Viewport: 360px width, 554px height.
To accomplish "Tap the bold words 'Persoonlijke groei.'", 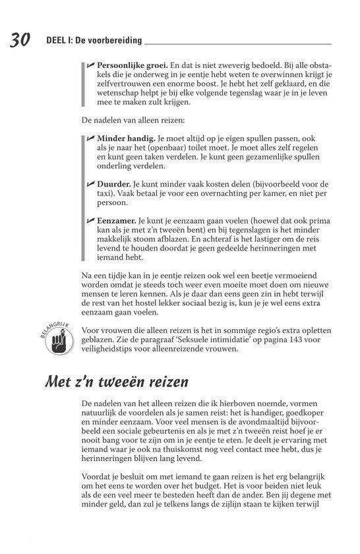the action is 132,67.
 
